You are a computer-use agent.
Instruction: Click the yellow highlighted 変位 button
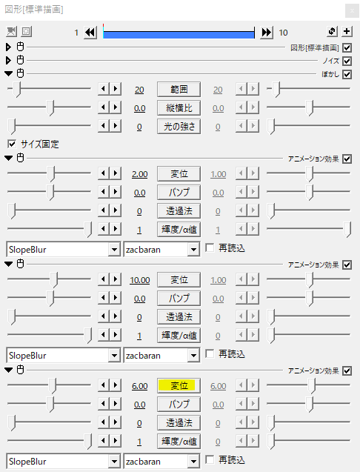tap(179, 385)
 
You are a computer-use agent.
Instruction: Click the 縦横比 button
tap(179, 107)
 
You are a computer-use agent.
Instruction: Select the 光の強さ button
tap(179, 127)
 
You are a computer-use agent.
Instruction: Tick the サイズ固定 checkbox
tap(12, 144)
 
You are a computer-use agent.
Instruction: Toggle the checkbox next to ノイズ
tap(347, 61)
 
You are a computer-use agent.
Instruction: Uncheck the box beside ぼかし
tap(347, 74)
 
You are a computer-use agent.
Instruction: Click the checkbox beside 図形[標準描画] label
tap(347, 47)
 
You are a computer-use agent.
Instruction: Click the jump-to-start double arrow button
tap(90, 32)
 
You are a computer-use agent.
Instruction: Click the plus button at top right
tap(347, 31)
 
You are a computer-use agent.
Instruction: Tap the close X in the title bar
tap(352, 11)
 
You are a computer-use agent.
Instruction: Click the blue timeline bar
tap(179, 34)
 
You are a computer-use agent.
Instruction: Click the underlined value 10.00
tap(140, 280)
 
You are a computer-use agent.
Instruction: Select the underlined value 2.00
tap(140, 174)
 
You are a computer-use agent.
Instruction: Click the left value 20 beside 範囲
tap(139, 90)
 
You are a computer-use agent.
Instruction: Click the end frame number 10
tap(283, 33)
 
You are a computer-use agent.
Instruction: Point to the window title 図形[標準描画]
tap(34, 10)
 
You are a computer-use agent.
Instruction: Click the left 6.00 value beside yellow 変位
tap(140, 386)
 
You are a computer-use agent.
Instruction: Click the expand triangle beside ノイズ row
tap(8, 61)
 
